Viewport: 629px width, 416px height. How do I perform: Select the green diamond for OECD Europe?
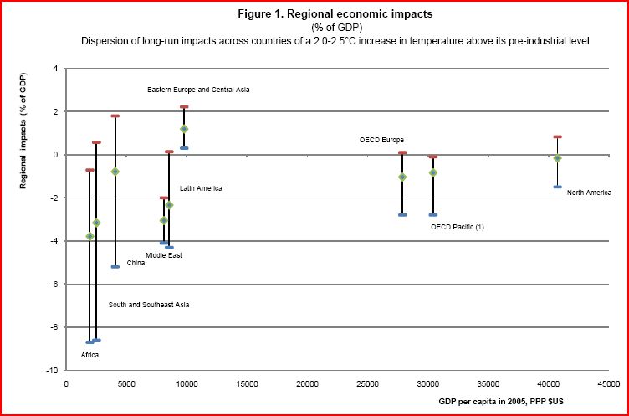pos(402,177)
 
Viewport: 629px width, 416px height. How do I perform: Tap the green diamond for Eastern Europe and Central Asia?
pos(184,129)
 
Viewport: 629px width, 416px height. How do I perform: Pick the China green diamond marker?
pos(115,172)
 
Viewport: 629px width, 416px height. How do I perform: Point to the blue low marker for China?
pos(115,266)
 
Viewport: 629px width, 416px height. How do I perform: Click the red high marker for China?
pos(115,116)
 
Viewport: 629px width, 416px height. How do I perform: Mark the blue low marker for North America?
pos(557,187)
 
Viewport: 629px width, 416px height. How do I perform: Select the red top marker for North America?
pos(557,136)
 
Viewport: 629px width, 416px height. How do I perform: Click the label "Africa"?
pos(89,355)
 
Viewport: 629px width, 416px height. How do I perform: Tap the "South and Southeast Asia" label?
pos(149,305)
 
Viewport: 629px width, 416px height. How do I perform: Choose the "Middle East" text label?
pos(164,255)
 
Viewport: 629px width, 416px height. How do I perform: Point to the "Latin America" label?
pos(201,188)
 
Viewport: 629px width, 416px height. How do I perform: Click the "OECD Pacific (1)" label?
pos(458,227)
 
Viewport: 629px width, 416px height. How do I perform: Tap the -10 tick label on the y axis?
pos(52,370)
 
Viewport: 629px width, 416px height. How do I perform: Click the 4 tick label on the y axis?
pos(55,69)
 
